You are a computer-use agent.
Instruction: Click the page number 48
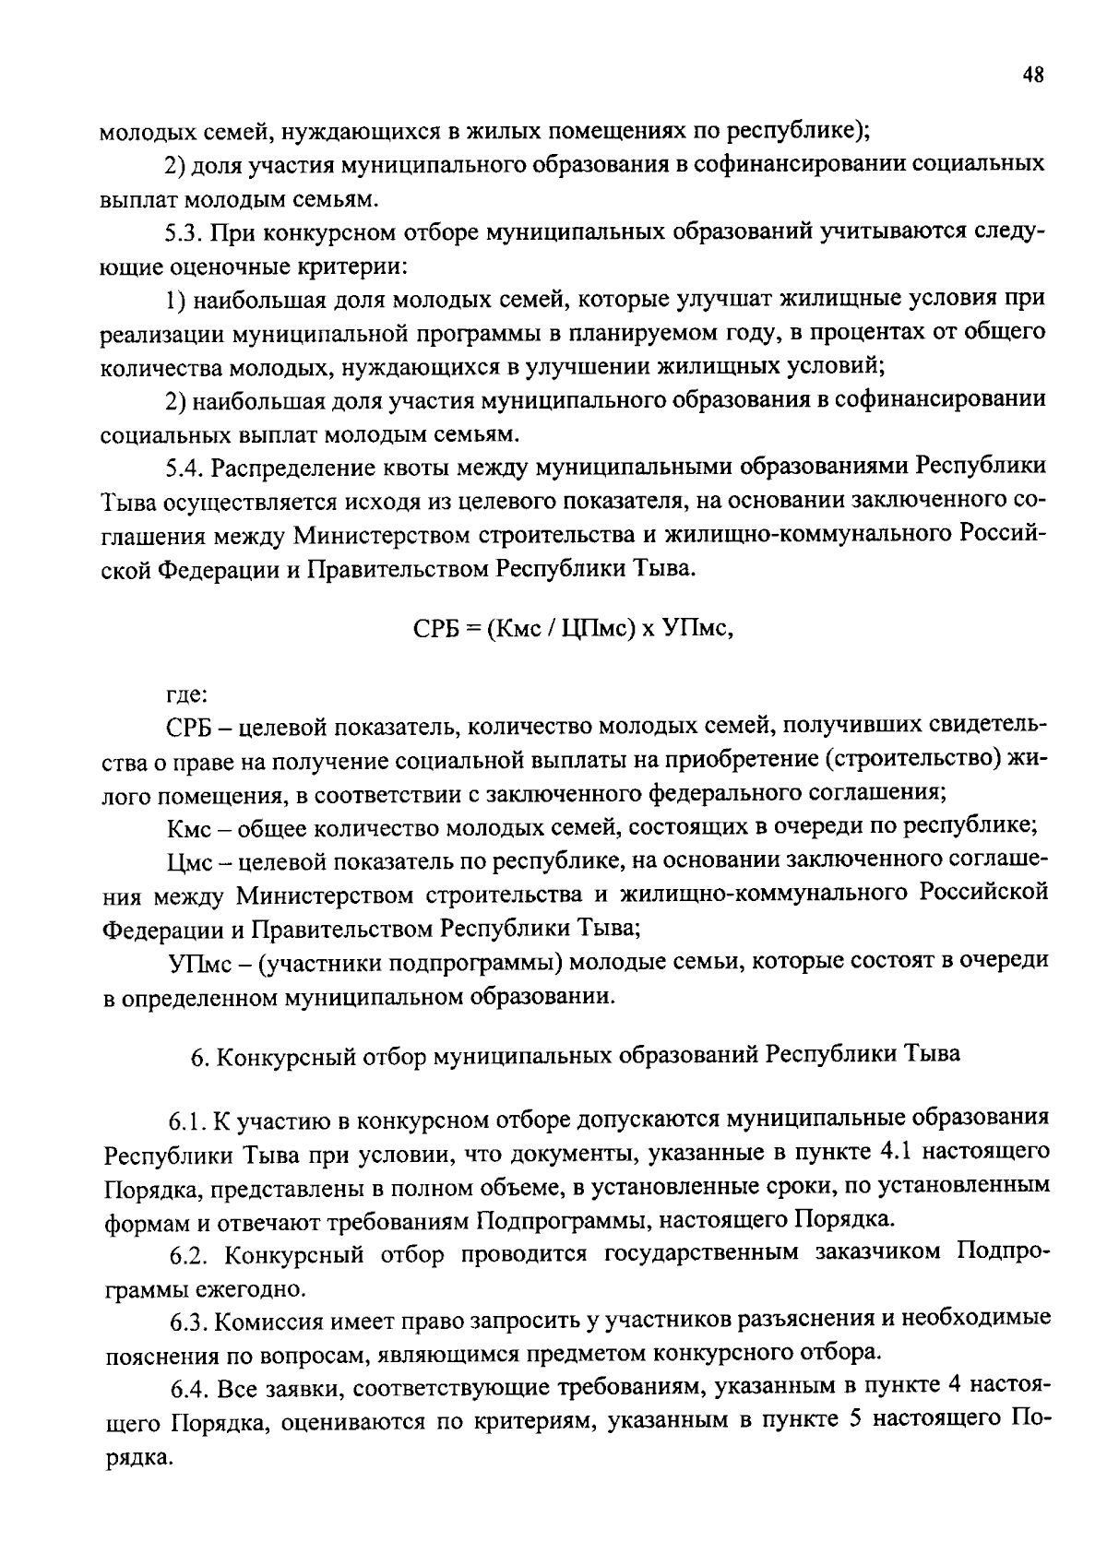(1032, 76)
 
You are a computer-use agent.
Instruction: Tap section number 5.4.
(185, 468)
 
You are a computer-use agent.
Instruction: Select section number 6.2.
(192, 1255)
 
